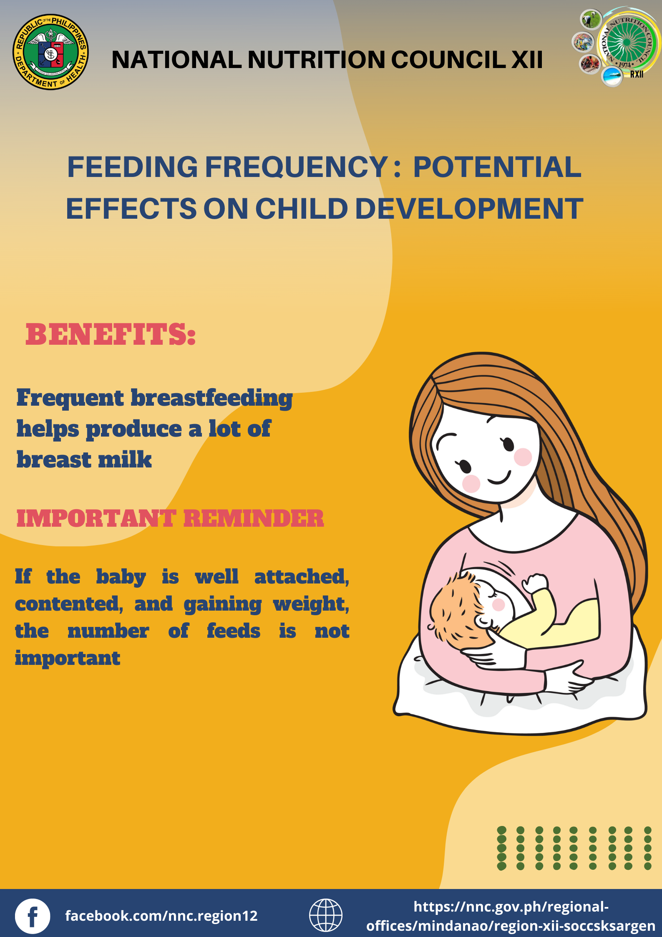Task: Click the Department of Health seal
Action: [x=50, y=52]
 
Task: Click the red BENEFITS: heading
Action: [x=111, y=335]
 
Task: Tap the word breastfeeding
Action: [x=212, y=399]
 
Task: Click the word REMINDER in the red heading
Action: [x=253, y=518]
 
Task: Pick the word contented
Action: [x=69, y=604]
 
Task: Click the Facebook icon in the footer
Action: [x=33, y=916]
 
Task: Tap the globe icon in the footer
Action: [x=325, y=915]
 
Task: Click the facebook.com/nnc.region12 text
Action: [x=161, y=916]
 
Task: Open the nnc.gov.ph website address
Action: [x=511, y=916]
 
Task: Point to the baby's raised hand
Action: [x=536, y=582]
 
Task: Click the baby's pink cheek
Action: [x=498, y=604]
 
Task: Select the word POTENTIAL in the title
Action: [x=497, y=167]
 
